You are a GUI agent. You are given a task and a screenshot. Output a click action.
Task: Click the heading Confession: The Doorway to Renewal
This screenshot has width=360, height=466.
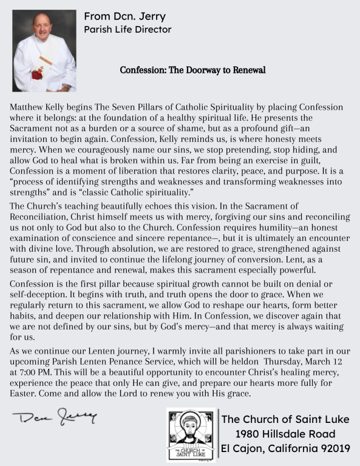pos(192,70)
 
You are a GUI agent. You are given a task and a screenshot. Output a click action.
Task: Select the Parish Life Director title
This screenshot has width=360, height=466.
pos(127,29)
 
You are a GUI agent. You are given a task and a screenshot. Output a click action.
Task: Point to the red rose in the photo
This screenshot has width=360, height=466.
pos(38,75)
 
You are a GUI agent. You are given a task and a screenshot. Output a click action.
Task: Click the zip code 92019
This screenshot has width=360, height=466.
pos(333,449)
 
